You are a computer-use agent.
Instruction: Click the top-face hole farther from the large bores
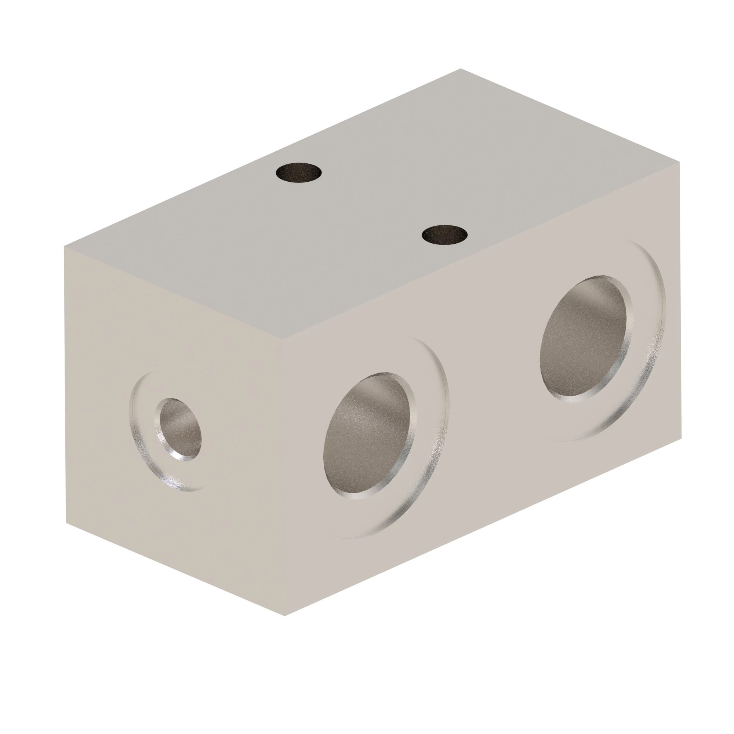(x=299, y=172)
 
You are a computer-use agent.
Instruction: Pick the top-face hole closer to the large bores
(x=444, y=234)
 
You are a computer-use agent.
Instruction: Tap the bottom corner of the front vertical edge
(x=284, y=616)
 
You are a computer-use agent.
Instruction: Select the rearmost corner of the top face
(x=461, y=69)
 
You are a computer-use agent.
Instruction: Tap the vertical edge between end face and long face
(x=284, y=475)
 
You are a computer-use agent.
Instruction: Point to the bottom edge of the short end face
(x=175, y=569)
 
